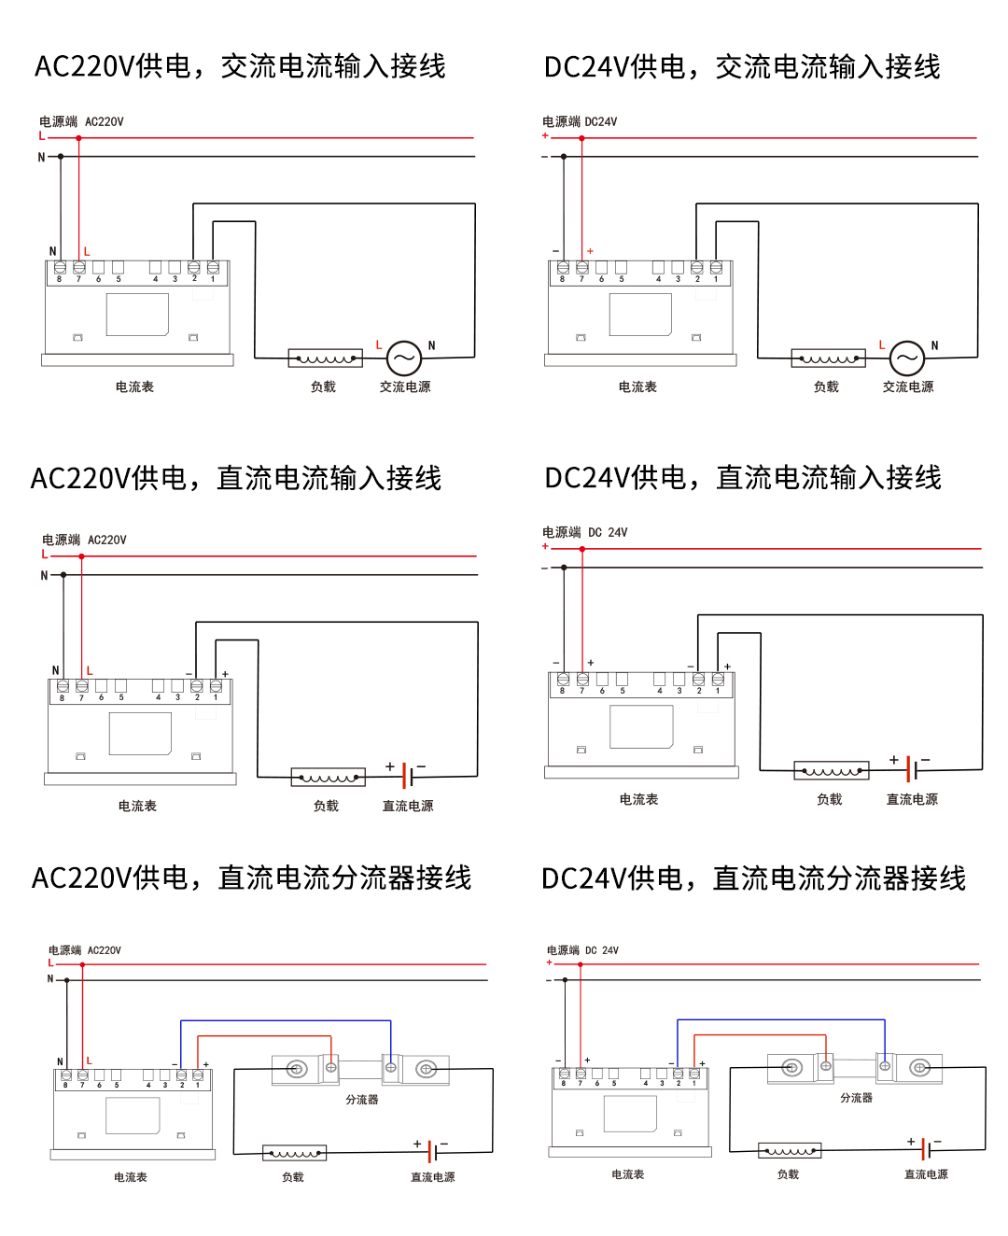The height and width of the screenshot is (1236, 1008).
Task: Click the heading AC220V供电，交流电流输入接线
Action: coord(240,66)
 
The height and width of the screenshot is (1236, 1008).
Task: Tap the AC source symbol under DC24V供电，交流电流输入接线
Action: coord(906,358)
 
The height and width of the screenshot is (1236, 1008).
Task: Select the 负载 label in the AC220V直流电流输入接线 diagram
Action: coord(326,806)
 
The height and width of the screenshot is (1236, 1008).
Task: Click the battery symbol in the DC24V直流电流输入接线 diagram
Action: coord(913,769)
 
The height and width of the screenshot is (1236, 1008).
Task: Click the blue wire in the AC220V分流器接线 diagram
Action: coord(285,1021)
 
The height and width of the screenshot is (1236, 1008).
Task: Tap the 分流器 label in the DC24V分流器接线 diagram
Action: coord(856,1098)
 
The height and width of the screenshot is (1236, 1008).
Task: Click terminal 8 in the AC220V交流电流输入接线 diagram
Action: coord(60,268)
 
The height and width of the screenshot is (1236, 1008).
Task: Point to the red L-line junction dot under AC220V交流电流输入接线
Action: coord(78,138)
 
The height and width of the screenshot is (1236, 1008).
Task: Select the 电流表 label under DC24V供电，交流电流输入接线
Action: coord(637,386)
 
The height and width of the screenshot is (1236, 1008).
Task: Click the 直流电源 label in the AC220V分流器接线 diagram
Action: coord(433,1177)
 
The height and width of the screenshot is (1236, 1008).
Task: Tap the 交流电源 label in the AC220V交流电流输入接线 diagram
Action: coord(405,386)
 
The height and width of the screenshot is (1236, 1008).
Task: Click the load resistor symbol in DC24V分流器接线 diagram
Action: coord(790,1151)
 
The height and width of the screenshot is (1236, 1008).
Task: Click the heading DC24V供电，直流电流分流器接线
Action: coord(753,878)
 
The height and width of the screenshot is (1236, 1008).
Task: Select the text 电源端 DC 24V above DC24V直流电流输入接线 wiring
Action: coord(585,532)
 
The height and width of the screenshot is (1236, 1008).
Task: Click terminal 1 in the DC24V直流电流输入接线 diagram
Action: coord(718,680)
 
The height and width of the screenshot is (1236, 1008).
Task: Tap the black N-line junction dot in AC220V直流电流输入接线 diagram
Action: coord(63,575)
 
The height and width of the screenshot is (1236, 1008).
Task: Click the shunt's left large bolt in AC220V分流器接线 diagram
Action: coord(297,1069)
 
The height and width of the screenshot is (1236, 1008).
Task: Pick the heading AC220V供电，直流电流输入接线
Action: coord(236,478)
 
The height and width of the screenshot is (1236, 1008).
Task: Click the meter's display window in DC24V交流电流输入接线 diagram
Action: coord(640,315)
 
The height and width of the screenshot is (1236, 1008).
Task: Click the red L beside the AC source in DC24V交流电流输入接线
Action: coord(882,344)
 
